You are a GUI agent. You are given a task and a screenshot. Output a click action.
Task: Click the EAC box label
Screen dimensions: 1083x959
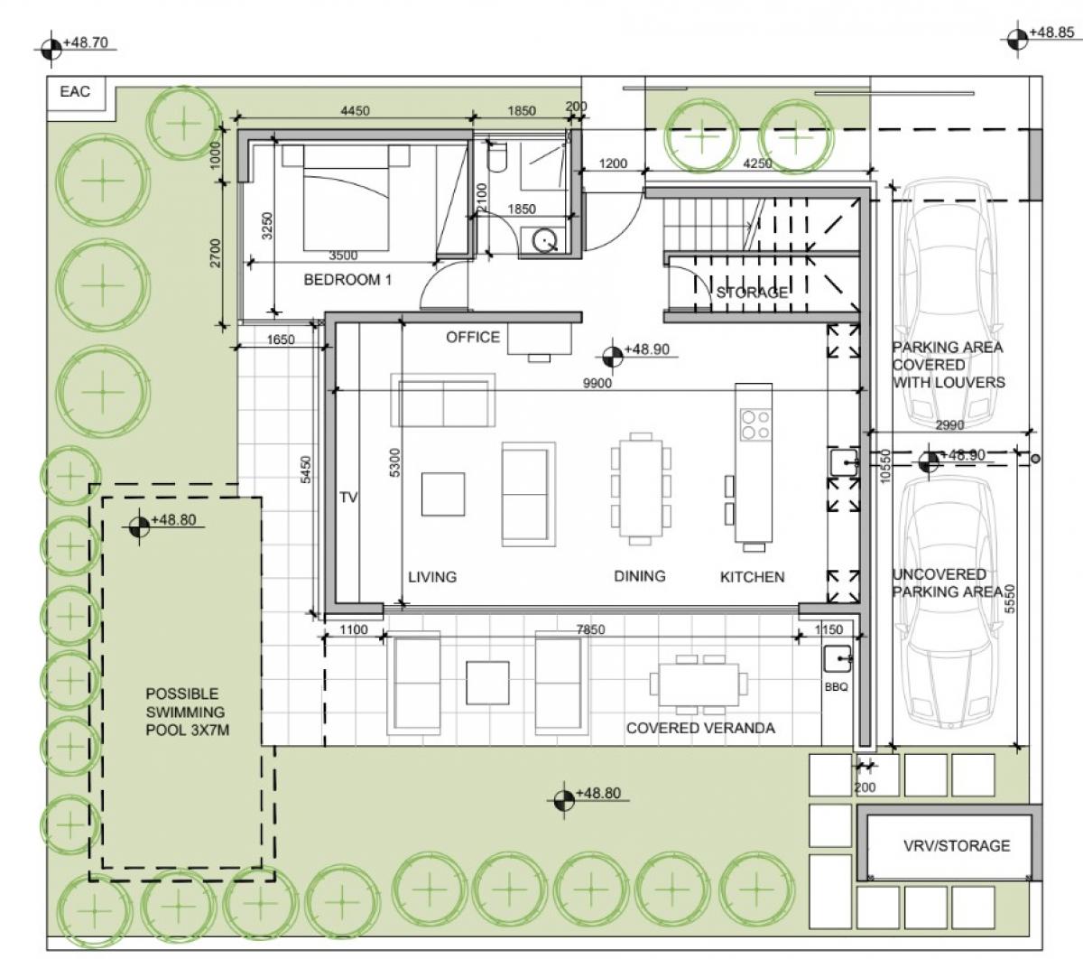75,91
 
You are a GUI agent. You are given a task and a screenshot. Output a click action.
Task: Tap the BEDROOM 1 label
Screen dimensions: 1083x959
347,279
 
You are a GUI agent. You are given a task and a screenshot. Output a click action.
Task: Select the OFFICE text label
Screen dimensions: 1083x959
473,337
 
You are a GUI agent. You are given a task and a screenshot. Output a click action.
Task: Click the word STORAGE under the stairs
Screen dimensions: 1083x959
752,292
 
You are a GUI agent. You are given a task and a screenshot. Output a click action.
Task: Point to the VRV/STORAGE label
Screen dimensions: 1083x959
957,845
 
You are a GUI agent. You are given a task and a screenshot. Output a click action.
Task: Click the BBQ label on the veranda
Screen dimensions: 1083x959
836,687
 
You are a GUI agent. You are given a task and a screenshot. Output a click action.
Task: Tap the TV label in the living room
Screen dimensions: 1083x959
348,498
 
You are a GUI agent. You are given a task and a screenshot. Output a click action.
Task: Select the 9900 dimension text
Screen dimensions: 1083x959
597,383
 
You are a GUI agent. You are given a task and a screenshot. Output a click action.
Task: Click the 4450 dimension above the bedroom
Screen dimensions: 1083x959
355,111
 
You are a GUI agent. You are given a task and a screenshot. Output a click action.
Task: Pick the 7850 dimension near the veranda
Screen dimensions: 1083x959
590,629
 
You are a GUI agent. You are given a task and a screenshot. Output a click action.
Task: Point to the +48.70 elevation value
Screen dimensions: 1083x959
86,42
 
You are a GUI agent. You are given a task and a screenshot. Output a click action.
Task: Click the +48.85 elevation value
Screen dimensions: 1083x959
1051,33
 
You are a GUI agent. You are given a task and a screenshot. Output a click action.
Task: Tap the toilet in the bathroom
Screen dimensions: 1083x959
497,157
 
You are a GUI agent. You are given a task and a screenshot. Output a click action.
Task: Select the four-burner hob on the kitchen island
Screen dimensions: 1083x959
755,424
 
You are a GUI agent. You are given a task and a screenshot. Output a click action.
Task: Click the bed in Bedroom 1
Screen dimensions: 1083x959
346,198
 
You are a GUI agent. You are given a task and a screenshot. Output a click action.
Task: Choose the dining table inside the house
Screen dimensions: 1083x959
641,489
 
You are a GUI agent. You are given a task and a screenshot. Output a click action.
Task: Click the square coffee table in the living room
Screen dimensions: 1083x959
442,494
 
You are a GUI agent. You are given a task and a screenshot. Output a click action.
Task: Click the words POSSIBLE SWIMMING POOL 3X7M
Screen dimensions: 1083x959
187,712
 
